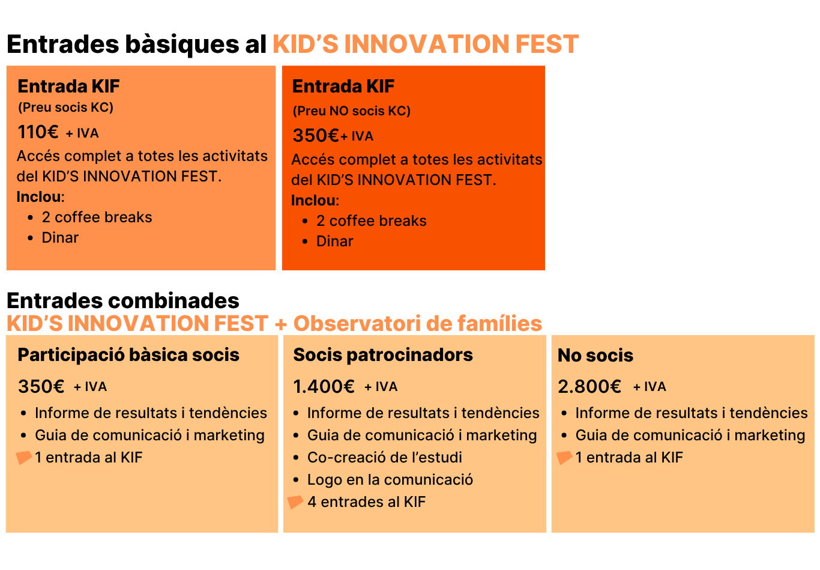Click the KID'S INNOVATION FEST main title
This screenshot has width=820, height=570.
pos(426,44)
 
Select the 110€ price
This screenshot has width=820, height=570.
pos(38,132)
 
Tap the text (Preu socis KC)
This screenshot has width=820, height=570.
pos(65,108)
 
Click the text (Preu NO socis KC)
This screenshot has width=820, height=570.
pos(351,111)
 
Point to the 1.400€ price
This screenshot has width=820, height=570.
pos(324,386)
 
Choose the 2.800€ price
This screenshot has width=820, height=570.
pos(589,386)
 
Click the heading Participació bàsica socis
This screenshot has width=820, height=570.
pos(128,355)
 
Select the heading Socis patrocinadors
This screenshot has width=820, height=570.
pos(383,355)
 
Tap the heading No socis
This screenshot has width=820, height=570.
pos(595,356)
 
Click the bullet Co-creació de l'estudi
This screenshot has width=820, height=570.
pos(384,458)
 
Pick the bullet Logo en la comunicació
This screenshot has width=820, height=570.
pos(390,480)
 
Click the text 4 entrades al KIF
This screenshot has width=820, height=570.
pos(366,502)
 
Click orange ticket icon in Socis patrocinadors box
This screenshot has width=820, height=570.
pos(295,502)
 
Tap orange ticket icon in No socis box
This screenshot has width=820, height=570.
pos(564,458)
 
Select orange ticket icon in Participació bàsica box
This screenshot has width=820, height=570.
pos(23,458)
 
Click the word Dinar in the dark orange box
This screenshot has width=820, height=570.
pos(334,241)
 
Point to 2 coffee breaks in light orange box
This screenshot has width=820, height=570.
pos(97,217)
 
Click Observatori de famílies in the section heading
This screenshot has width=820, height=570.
pos(417,324)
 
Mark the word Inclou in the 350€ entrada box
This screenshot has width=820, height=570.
pos(314,201)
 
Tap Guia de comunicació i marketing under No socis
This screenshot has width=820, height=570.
pos(690,435)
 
